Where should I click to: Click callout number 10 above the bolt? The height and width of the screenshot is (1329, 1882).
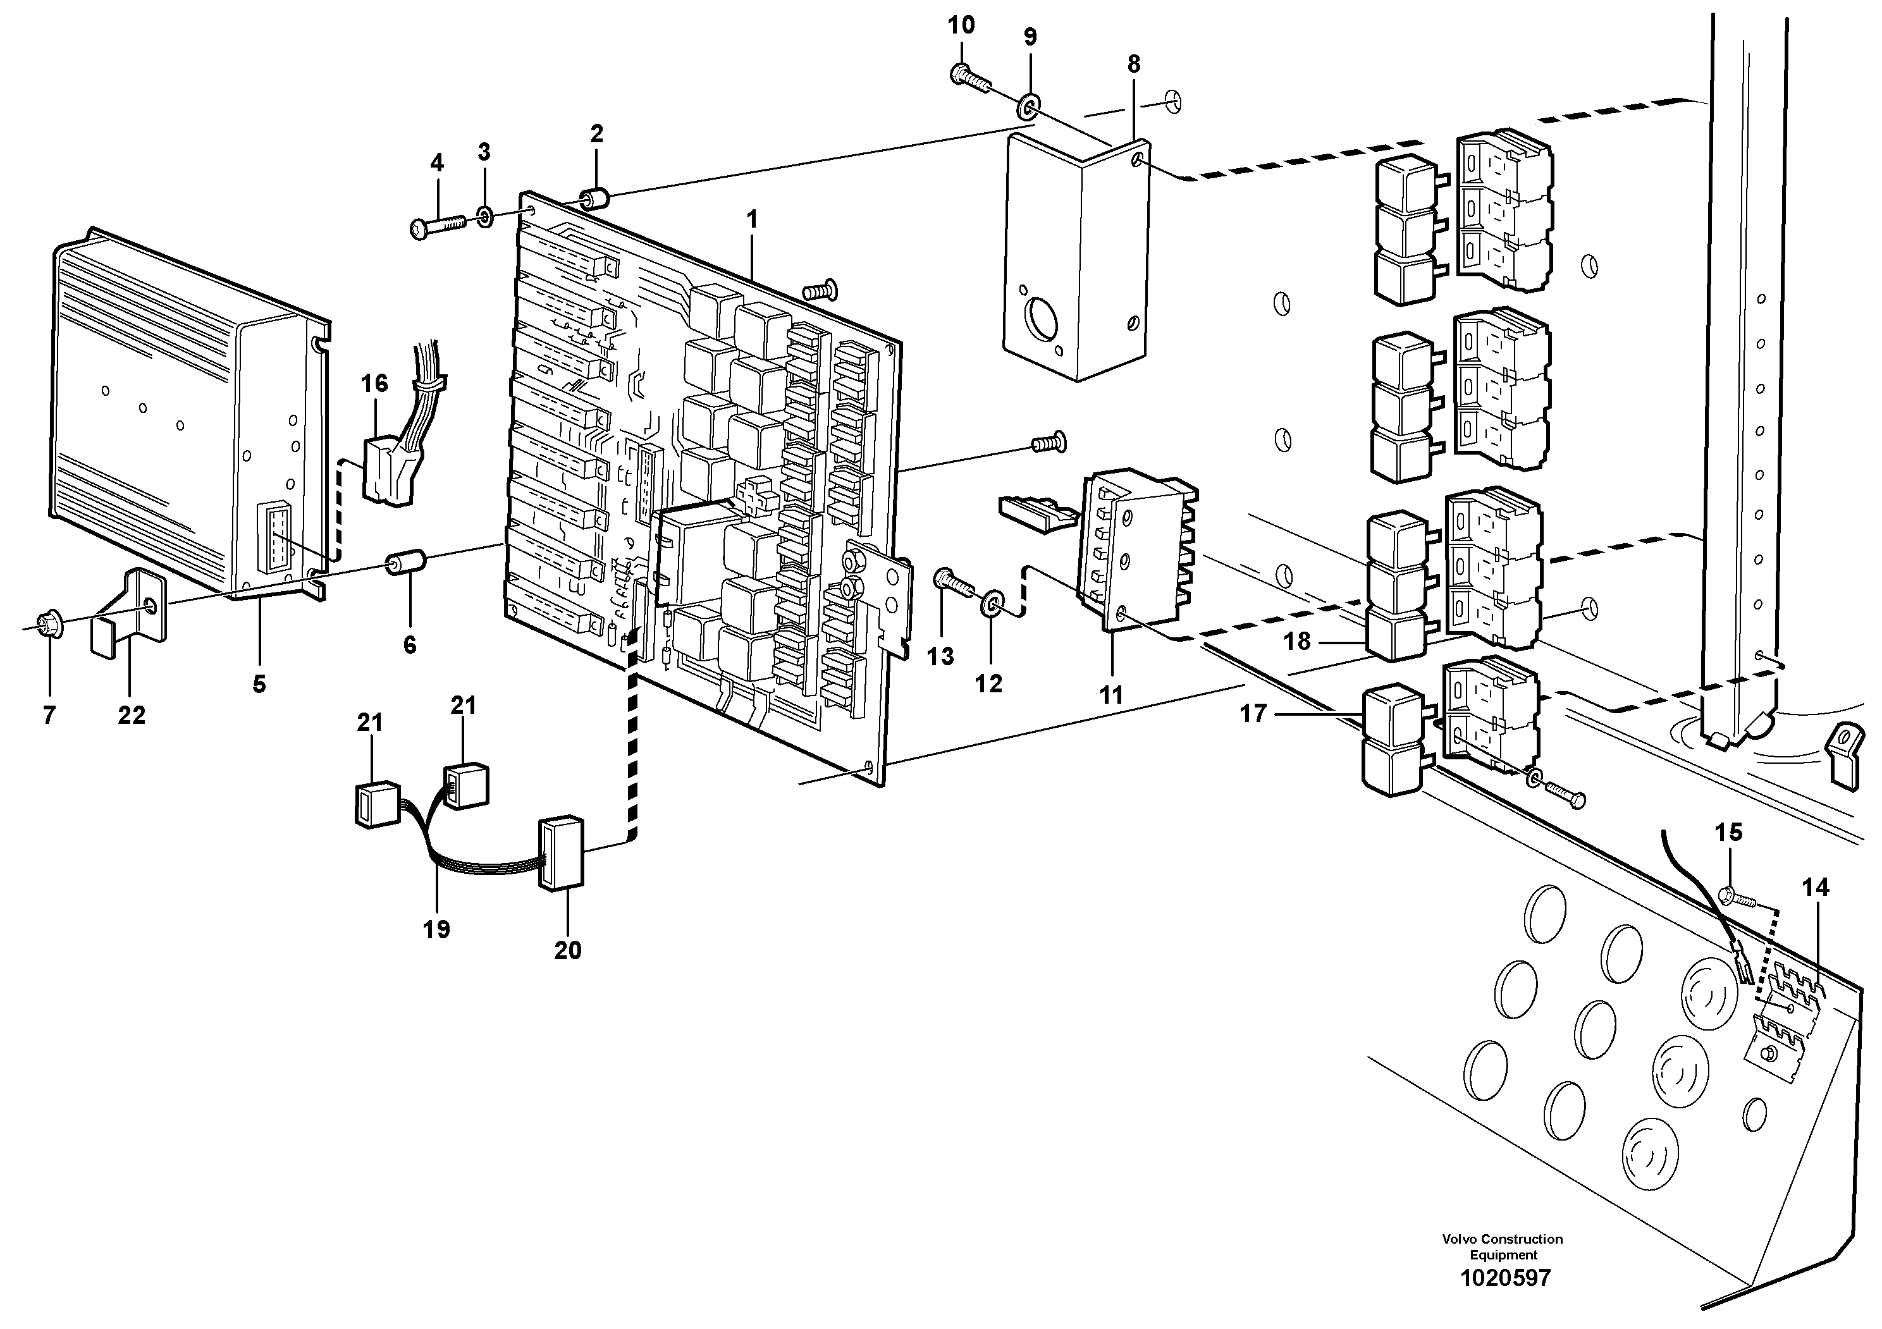[961, 25]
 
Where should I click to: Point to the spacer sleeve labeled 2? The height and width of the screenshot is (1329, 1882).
[595, 199]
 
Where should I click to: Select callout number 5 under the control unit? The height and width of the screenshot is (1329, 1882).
[259, 683]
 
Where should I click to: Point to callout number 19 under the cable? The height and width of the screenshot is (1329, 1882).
[436, 929]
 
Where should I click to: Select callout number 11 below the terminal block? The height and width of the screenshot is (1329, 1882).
[1110, 695]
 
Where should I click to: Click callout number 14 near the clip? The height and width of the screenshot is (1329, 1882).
[1815, 886]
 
